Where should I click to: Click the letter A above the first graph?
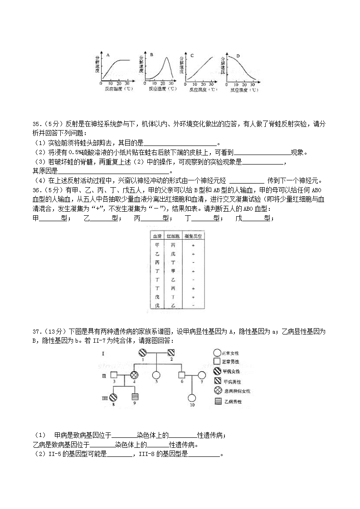[108, 55]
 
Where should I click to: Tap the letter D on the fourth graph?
[238, 56]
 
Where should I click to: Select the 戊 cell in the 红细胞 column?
[173, 254]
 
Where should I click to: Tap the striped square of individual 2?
[171, 353]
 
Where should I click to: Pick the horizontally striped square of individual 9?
[134, 397]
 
